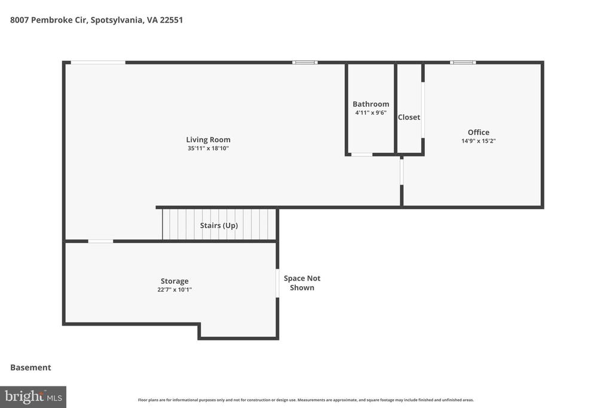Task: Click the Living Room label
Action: tap(208, 140)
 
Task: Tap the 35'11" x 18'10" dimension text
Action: tap(208, 148)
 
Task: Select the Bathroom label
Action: tap(371, 104)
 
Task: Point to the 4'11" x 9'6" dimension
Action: tap(371, 112)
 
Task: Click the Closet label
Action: tap(409, 117)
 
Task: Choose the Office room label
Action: tap(478, 133)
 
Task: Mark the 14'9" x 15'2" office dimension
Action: tap(478, 141)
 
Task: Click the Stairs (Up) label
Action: tap(219, 225)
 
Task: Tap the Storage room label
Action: tap(175, 281)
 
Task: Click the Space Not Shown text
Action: tap(302, 283)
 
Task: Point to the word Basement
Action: tap(30, 367)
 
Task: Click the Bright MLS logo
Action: tap(33, 397)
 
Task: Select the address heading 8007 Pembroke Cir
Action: tap(96, 20)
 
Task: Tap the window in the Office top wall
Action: tap(463, 62)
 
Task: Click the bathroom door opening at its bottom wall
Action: tap(362, 155)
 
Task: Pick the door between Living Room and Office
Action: tap(402, 171)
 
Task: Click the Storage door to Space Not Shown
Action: tap(277, 283)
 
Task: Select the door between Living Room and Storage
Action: tap(100, 241)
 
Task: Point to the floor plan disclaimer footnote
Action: tap(305, 400)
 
